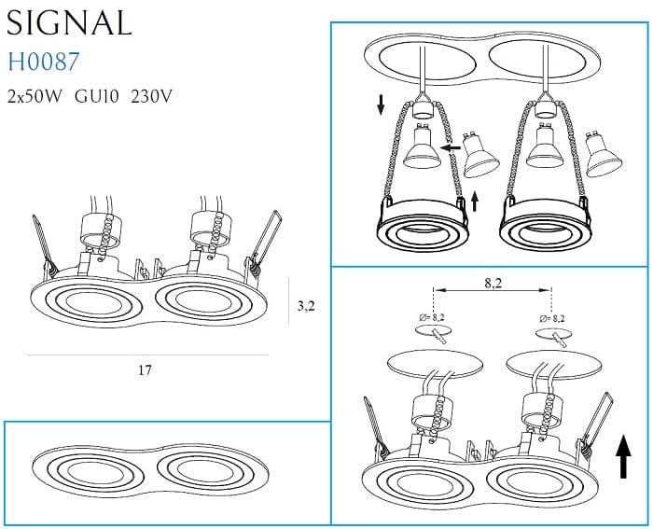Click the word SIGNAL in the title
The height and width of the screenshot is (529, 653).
click(70, 22)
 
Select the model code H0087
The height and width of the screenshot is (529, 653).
click(44, 63)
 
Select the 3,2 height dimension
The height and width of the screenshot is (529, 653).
click(305, 304)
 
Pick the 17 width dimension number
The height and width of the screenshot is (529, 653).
click(145, 370)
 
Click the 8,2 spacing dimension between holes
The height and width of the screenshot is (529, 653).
click(493, 280)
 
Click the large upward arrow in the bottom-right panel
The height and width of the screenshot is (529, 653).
click(621, 457)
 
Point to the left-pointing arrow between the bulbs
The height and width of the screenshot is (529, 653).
click(451, 147)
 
